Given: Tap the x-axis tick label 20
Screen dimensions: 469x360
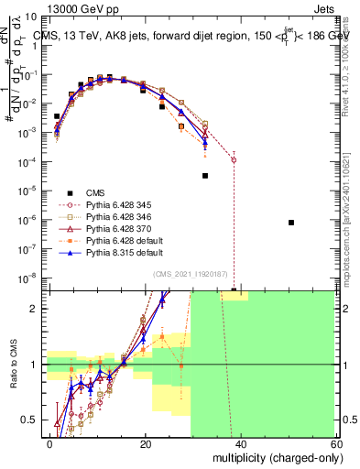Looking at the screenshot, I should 146,443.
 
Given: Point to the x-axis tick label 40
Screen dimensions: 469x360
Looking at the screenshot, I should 240,443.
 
